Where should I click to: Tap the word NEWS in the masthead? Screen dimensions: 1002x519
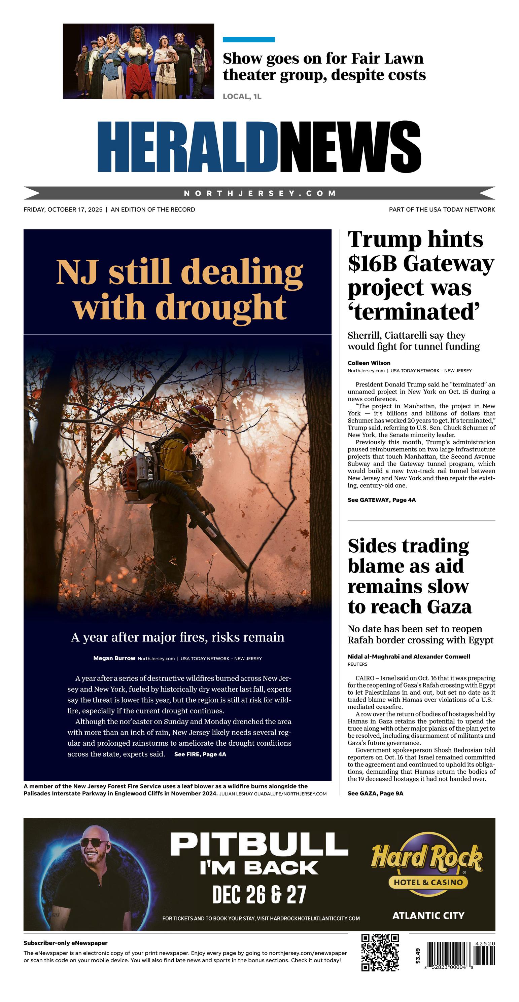click(350, 147)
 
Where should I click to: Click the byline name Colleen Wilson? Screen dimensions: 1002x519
click(369, 363)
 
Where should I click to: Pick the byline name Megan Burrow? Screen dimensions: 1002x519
click(114, 658)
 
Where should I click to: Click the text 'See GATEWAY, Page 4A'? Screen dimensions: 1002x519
click(382, 500)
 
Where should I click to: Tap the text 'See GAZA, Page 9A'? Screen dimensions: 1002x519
click(375, 793)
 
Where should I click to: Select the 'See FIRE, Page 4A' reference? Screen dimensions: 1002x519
click(200, 754)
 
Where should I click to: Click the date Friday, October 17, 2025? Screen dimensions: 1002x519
click(63, 209)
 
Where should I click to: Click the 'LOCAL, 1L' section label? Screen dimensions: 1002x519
click(242, 97)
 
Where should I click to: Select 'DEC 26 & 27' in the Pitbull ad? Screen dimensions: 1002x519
click(259, 894)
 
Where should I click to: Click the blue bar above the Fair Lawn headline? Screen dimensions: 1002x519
click(248, 40)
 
